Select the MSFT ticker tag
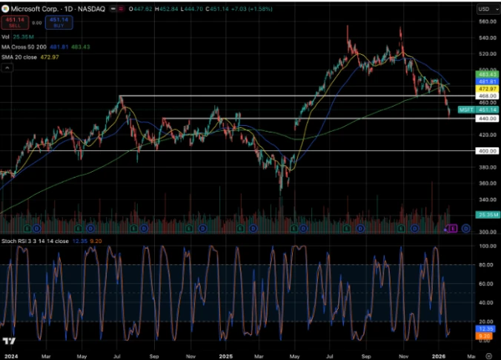(x=466, y=110)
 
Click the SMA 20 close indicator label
(x=21, y=57)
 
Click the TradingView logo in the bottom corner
(x=10, y=341)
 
